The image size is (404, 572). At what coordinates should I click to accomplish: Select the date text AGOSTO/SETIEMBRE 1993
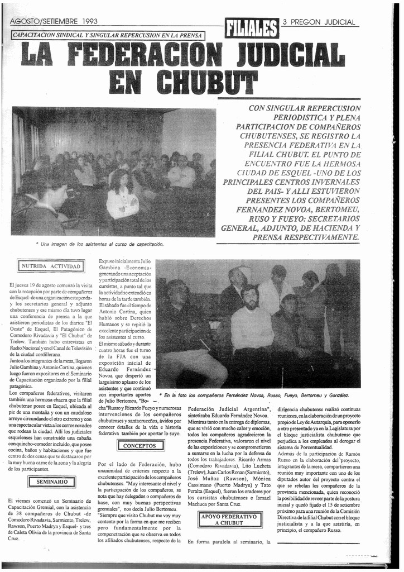tap(54, 22)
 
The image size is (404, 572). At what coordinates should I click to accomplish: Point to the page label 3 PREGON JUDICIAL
tap(319, 22)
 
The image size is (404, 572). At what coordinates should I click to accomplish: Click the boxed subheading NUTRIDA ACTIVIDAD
tap(51, 266)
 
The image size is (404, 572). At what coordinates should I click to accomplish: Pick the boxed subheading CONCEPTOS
tap(140, 446)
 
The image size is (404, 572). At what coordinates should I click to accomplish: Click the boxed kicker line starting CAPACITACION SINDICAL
tap(108, 36)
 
